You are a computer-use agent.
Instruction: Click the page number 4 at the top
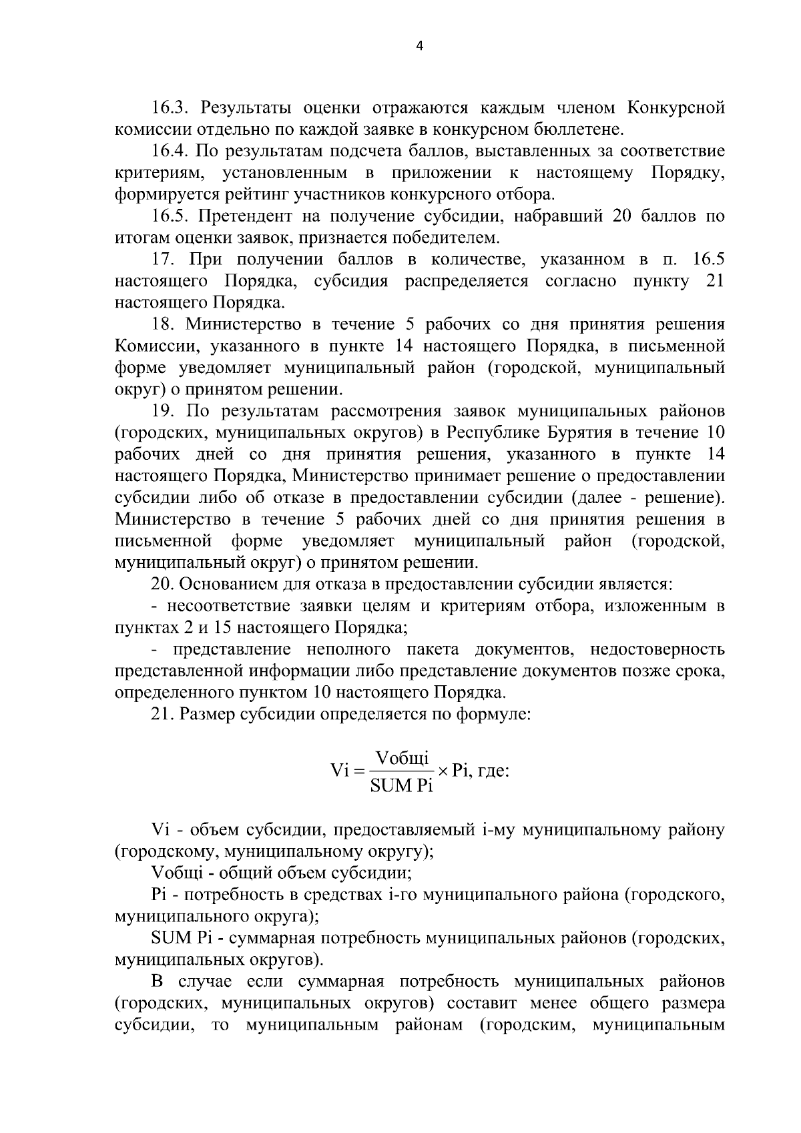[x=419, y=46]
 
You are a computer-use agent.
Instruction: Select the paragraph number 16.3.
[x=174, y=107]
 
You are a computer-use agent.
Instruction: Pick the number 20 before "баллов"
[x=623, y=216]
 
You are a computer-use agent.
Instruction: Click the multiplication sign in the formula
[x=443, y=771]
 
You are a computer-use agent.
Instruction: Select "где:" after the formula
[x=495, y=771]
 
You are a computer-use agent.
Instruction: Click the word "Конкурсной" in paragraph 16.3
[x=677, y=107]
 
